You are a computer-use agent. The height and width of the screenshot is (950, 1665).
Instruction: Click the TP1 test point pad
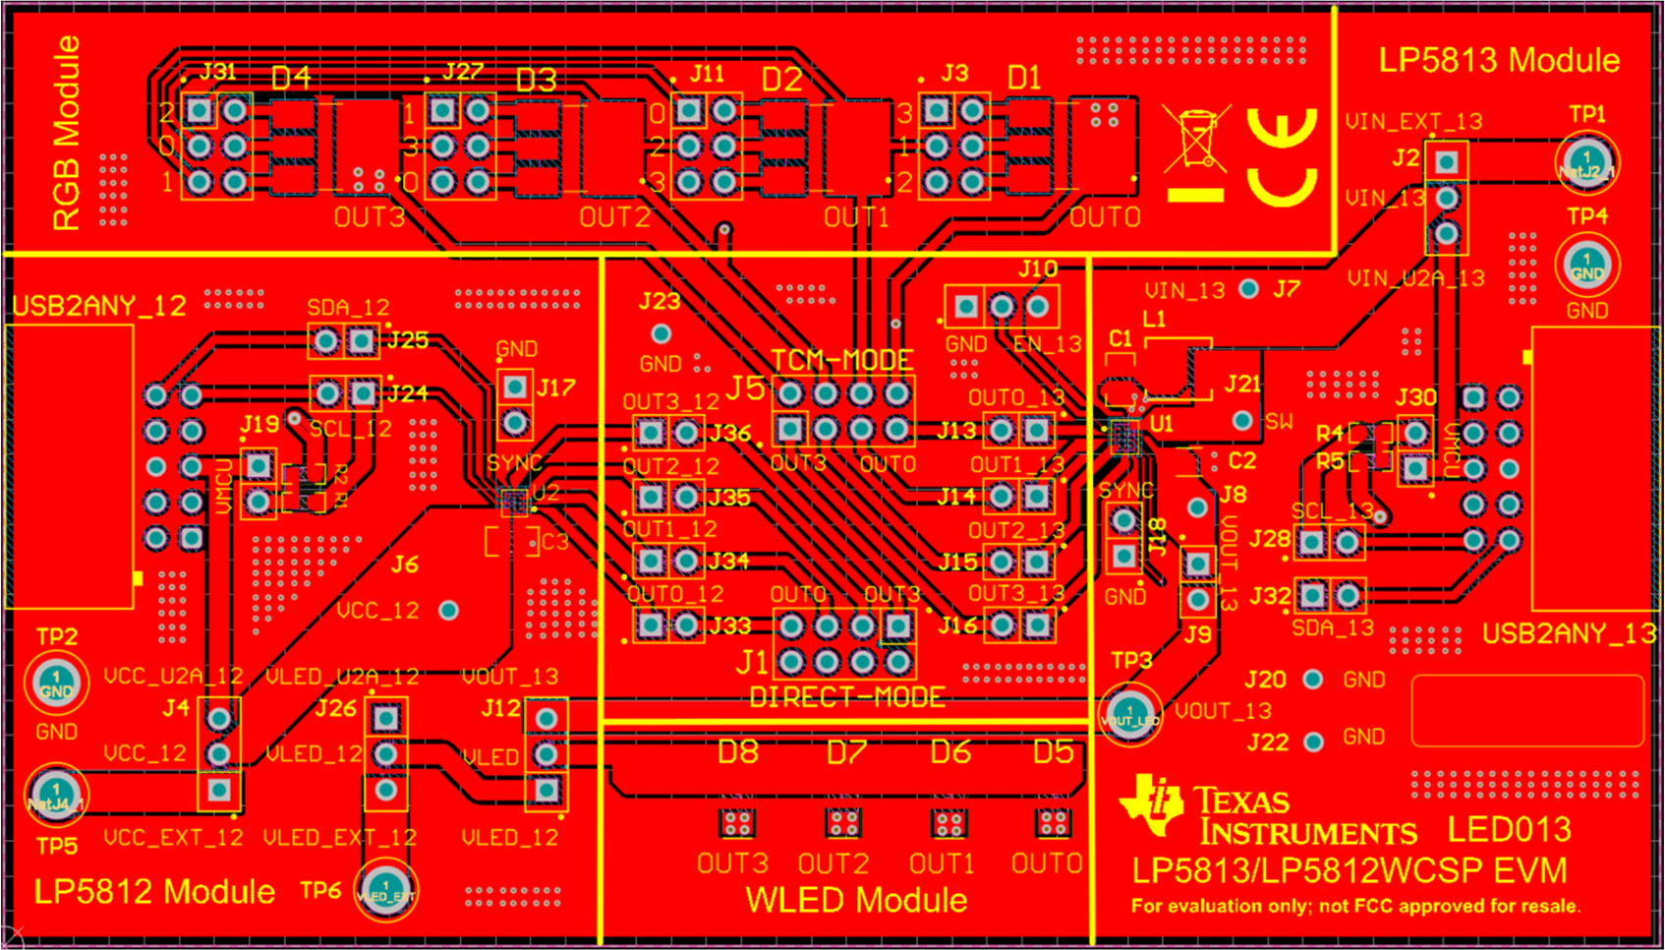click(1586, 161)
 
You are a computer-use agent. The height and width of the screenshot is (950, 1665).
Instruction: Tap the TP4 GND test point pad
click(1586, 266)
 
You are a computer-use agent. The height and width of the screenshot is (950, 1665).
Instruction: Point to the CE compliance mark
click(1282, 157)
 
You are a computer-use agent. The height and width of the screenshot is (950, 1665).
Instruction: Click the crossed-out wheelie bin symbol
click(1196, 139)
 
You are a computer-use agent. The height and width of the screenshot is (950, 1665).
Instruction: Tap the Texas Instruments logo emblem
click(1154, 803)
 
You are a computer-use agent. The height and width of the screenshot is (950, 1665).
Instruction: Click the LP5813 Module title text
click(1498, 60)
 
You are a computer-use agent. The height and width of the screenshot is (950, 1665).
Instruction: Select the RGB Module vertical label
click(66, 134)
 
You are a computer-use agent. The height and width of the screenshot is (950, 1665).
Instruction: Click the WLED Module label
click(855, 900)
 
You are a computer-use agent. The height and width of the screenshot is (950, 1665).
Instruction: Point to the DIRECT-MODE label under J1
click(846, 698)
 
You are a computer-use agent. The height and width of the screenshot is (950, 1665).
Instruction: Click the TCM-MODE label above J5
click(841, 360)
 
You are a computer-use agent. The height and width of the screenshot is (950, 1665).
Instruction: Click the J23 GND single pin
click(660, 334)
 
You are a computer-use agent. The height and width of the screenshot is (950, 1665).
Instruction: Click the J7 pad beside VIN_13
click(1248, 289)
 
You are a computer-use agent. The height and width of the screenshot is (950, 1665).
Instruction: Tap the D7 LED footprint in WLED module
click(842, 822)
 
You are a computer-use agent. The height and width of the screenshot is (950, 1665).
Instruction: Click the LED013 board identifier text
click(1509, 830)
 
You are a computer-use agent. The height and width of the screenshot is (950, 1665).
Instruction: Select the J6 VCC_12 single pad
click(448, 611)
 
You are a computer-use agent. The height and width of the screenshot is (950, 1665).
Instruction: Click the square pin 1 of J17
click(515, 387)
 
